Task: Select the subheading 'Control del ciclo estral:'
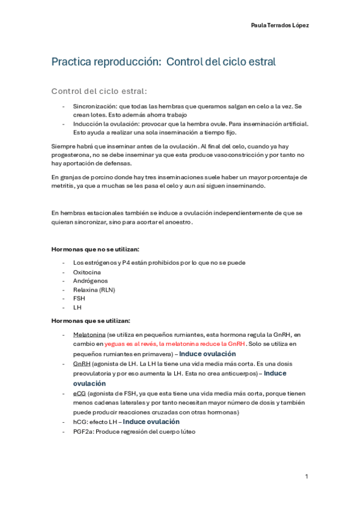point(99,91)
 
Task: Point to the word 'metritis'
point(63,186)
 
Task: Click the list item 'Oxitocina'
point(87,272)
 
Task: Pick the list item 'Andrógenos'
point(90,281)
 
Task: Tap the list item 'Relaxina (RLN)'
point(94,290)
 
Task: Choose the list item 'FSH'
point(79,298)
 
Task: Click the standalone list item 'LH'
point(77,307)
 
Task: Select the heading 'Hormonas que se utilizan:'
point(91,321)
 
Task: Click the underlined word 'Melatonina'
point(90,334)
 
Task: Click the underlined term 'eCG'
point(79,393)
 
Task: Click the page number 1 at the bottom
point(307,477)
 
